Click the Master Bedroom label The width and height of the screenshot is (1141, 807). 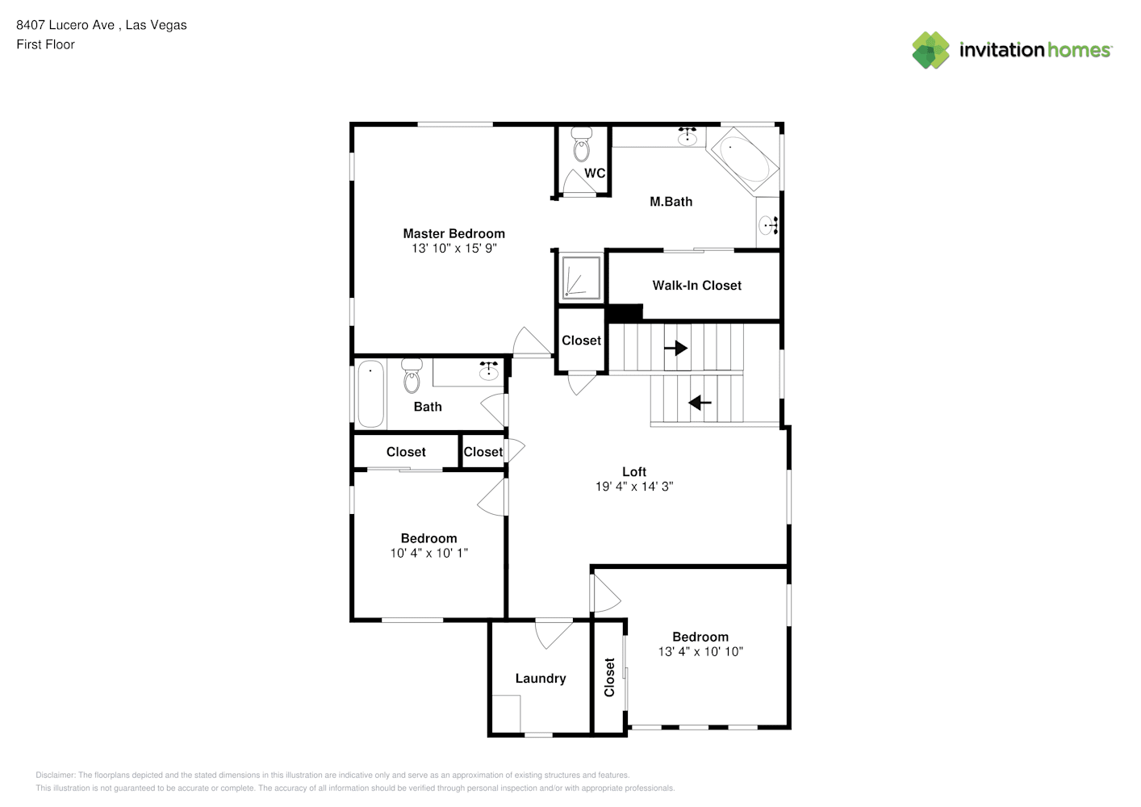pyautogui.click(x=453, y=234)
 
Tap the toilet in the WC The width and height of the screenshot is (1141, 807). pyautogui.click(x=581, y=144)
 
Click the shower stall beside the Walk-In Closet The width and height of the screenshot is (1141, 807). pyautogui.click(x=581, y=278)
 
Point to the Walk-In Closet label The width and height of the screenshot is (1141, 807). pyautogui.click(x=697, y=286)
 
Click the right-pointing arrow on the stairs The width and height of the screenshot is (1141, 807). pyautogui.click(x=676, y=348)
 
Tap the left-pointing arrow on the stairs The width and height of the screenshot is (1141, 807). pyautogui.click(x=700, y=403)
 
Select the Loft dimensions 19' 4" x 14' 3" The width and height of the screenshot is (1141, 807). pyautogui.click(x=634, y=487)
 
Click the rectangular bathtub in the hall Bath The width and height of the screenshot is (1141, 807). pyautogui.click(x=370, y=394)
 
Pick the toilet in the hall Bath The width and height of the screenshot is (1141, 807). pyautogui.click(x=412, y=376)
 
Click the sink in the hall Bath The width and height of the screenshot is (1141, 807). pyautogui.click(x=488, y=371)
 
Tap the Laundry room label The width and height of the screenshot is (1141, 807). pyautogui.click(x=541, y=679)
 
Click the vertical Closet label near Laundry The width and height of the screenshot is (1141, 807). pyautogui.click(x=609, y=677)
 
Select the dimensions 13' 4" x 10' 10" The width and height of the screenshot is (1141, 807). pyautogui.click(x=700, y=651)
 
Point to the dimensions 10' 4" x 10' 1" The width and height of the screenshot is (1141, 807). pyautogui.click(x=429, y=553)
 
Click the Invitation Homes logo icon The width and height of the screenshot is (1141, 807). pyautogui.click(x=930, y=50)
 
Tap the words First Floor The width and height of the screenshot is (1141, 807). pyautogui.click(x=45, y=45)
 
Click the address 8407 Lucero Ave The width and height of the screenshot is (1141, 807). pyautogui.click(x=65, y=25)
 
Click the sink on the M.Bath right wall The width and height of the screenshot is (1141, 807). pyautogui.click(x=768, y=224)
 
